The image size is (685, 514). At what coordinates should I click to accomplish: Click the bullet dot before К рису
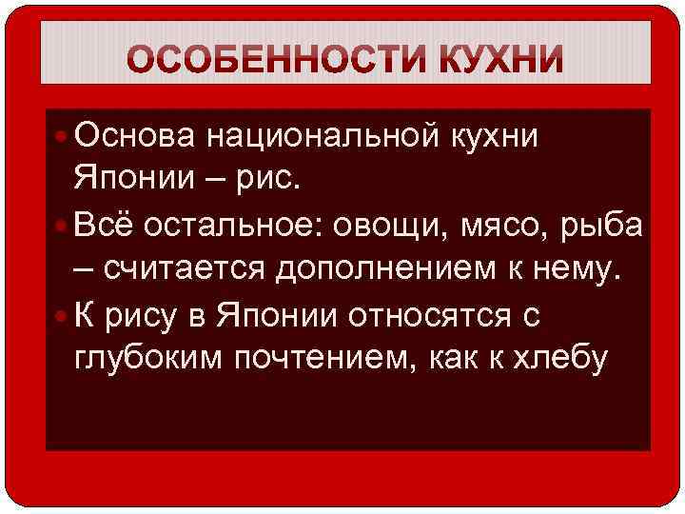[x=60, y=315]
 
